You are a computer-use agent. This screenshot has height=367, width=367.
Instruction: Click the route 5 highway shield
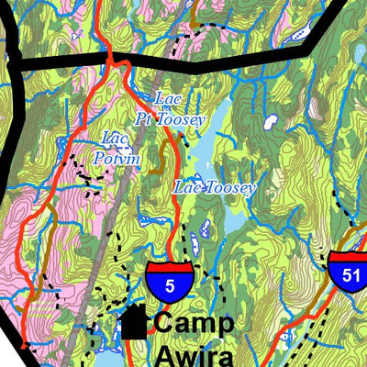(x=170, y=282)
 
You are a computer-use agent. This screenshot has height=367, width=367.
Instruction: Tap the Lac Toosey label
(x=214, y=187)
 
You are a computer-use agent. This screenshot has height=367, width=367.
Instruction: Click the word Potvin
(x=119, y=159)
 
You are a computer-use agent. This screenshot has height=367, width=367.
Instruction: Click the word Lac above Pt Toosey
(x=166, y=98)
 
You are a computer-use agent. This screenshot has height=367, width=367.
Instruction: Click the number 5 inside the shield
(x=170, y=286)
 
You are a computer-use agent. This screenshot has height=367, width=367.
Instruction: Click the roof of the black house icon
(x=135, y=315)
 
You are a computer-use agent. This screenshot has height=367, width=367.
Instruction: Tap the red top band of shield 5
(x=170, y=266)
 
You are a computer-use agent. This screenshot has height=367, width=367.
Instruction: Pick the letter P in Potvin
(x=101, y=159)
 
